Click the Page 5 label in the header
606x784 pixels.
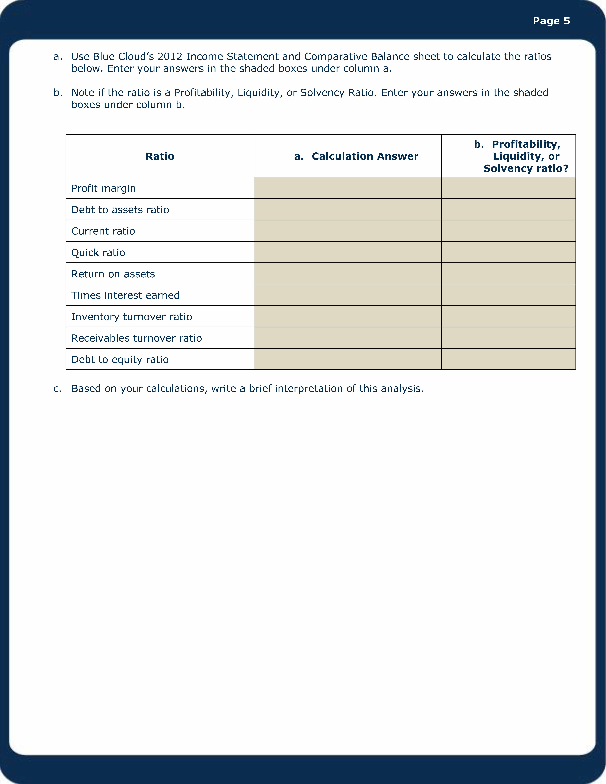(551, 21)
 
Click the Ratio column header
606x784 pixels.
(160, 156)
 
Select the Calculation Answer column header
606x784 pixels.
(365, 156)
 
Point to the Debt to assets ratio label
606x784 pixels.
(120, 210)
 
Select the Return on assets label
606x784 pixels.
(113, 274)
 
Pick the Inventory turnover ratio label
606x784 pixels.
(131, 317)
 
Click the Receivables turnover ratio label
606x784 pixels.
(136, 338)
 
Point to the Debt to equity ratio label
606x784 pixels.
(120, 359)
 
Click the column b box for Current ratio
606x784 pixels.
(508, 230)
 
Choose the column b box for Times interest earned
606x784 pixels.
(508, 295)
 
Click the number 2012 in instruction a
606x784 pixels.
(170, 57)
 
